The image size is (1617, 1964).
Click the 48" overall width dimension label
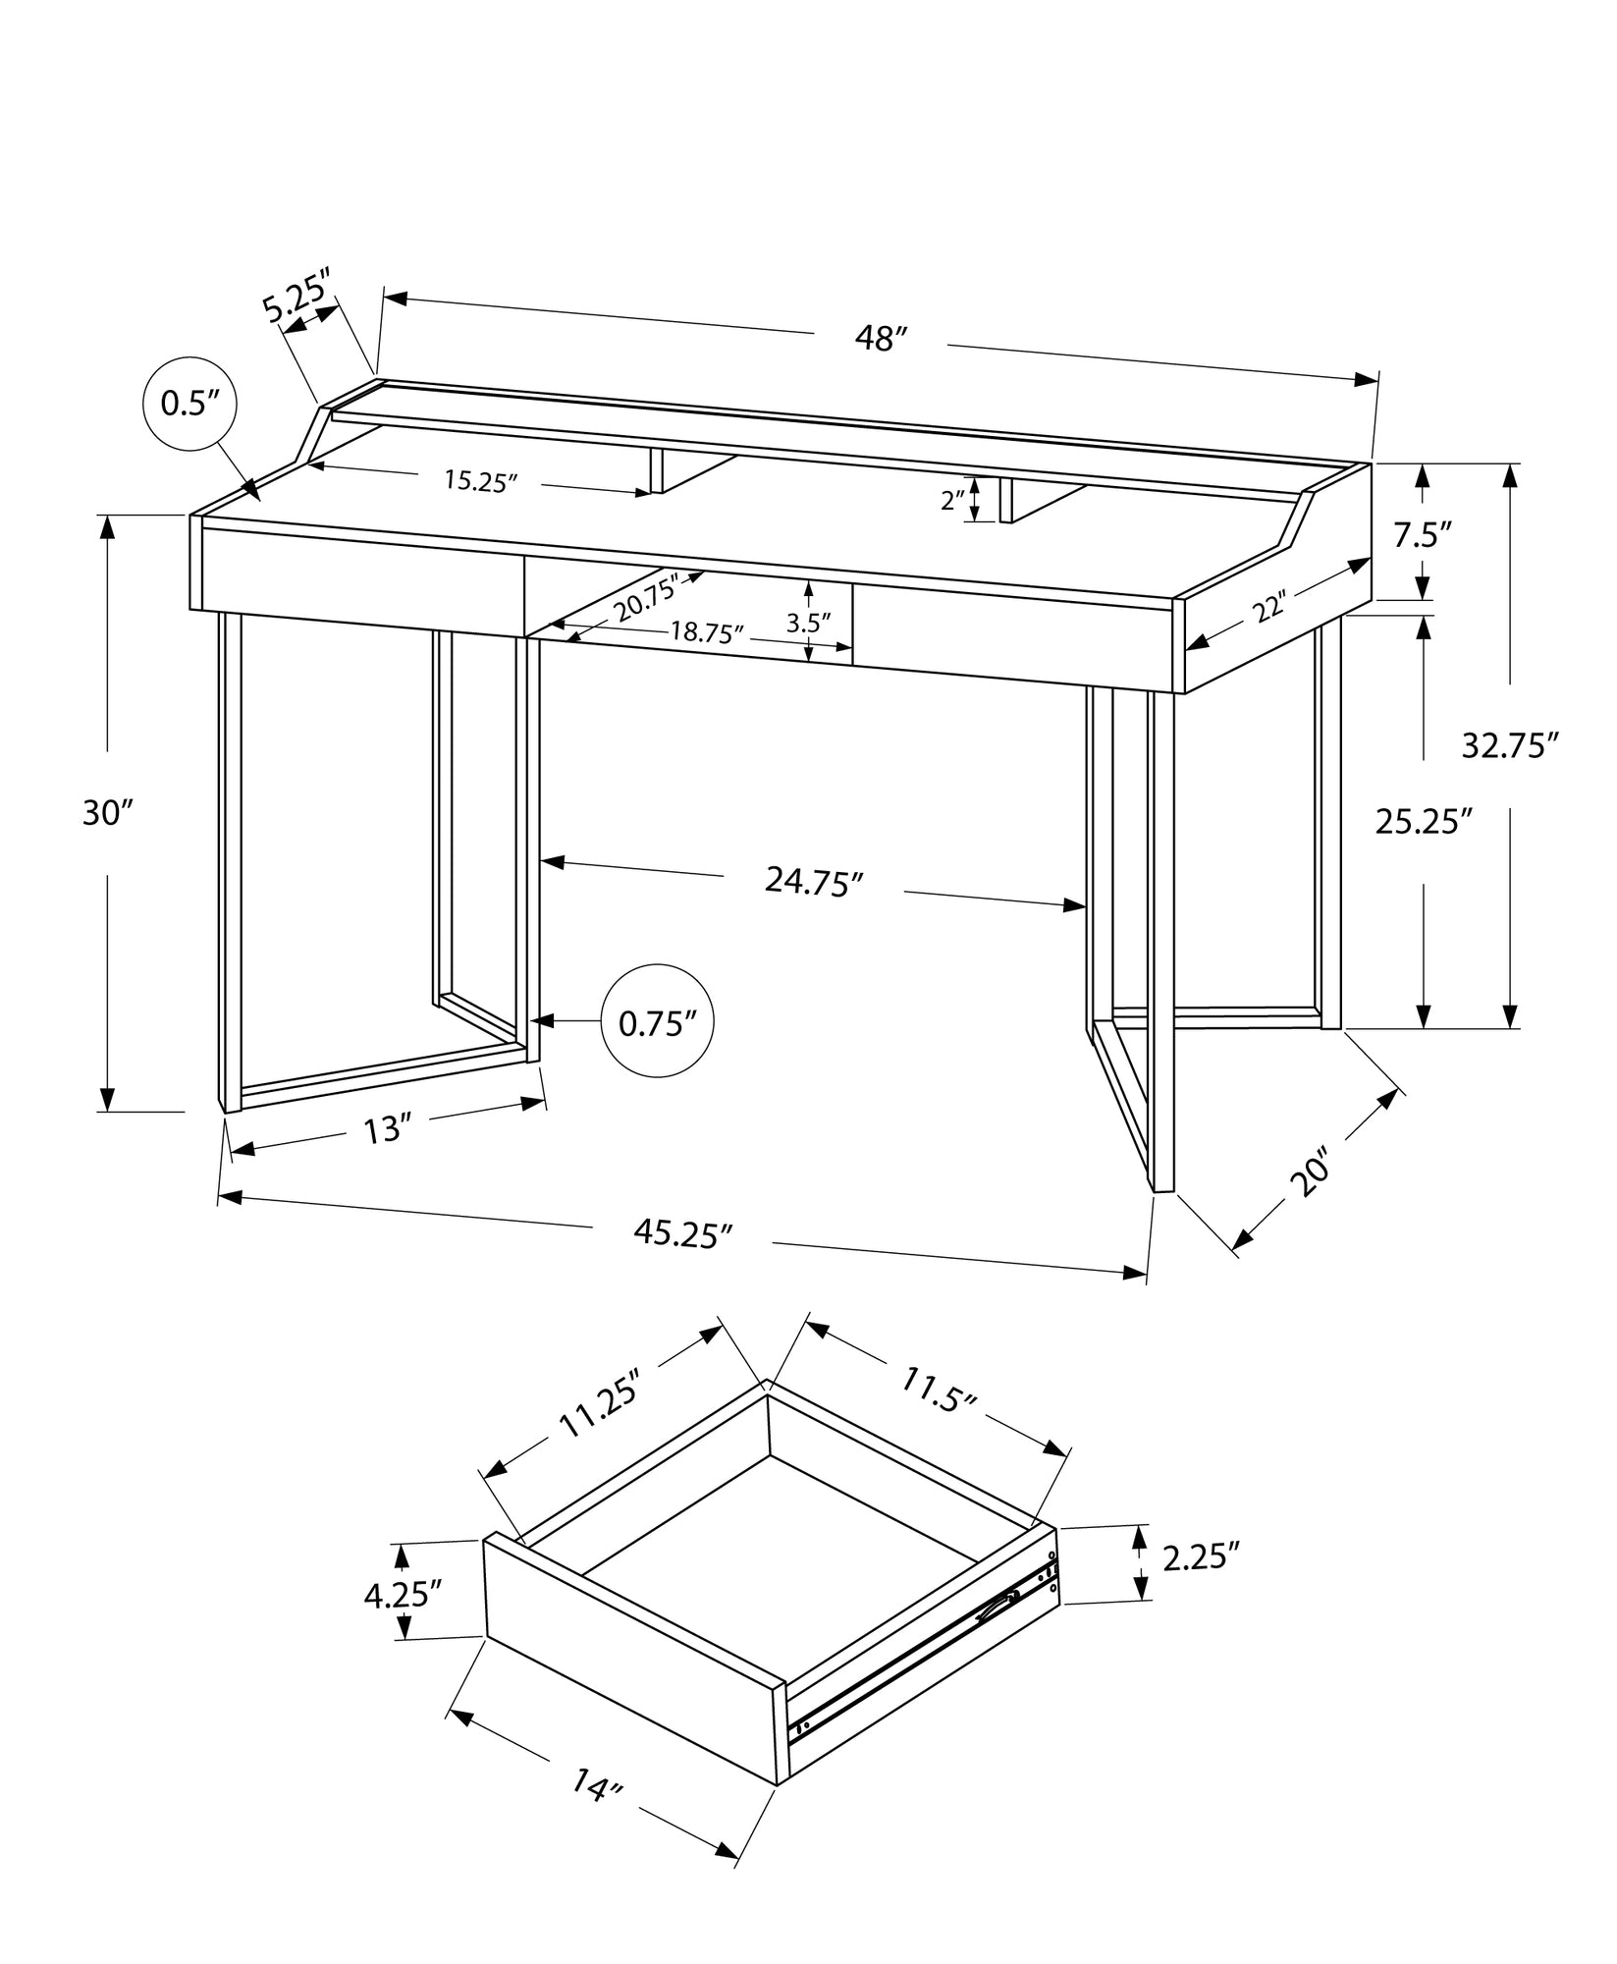(x=879, y=339)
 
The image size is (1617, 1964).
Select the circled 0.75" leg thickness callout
(x=657, y=1024)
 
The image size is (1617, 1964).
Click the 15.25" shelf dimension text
(x=480, y=481)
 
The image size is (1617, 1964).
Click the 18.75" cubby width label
(x=707, y=632)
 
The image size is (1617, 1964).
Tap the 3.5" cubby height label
(x=808, y=622)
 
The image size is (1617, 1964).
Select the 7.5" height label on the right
(x=1423, y=535)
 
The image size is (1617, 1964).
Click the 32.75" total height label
(x=1510, y=745)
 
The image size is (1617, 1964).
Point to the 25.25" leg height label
(x=1424, y=821)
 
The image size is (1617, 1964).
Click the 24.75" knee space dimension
(x=813, y=881)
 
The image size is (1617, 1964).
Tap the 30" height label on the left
(x=106, y=813)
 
